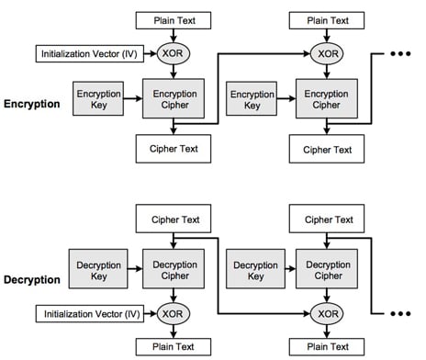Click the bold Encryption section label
point(32,104)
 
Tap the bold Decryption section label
point(32,277)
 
